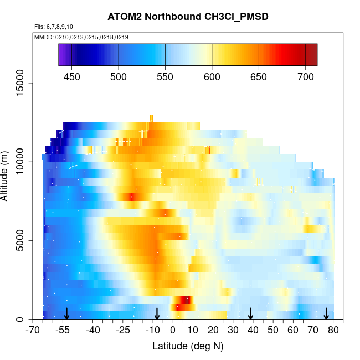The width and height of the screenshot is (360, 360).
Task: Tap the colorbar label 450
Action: point(73,76)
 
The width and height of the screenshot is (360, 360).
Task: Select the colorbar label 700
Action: point(305,76)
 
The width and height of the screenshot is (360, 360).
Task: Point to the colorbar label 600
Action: point(212,76)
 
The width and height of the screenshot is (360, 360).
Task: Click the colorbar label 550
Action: point(166,76)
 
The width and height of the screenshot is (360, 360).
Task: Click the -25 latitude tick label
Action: point(123,331)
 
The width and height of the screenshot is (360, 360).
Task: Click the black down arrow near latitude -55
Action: point(66,313)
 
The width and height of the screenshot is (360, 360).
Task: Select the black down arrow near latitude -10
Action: point(157,313)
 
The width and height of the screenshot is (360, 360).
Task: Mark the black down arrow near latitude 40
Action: point(250,313)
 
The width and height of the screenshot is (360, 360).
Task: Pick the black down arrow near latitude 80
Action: point(326,313)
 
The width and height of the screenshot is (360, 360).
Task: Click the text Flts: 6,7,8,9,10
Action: point(54,27)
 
